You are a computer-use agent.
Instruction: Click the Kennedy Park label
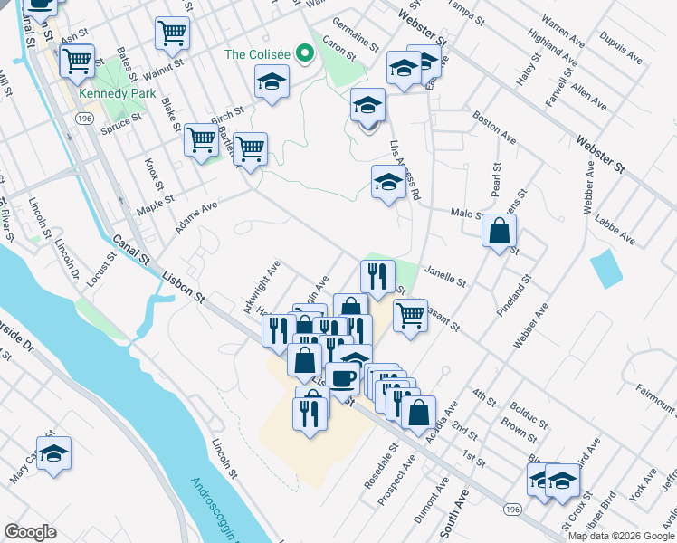point(117,93)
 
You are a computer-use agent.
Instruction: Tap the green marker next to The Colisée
point(305,54)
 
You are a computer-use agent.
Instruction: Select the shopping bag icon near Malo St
point(499,231)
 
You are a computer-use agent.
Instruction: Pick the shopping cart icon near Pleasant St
point(410,315)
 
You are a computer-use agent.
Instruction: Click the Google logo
point(31,532)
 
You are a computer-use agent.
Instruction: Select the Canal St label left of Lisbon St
point(132,252)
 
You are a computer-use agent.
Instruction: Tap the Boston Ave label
point(494,128)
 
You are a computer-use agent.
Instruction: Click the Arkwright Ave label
point(262,288)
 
